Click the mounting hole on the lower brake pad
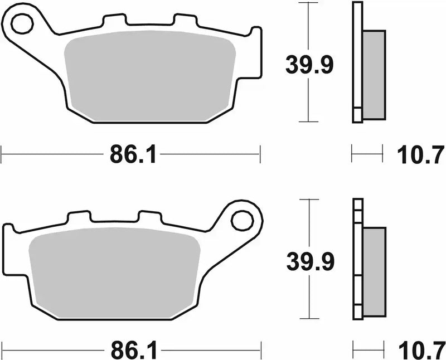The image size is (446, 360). click(x=242, y=220)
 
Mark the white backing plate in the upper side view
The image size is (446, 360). click(x=357, y=61)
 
